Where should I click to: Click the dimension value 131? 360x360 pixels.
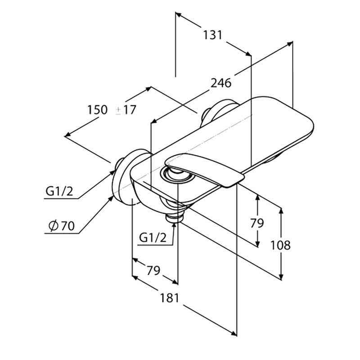click(213, 35)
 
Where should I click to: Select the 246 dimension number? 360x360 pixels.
click(221, 83)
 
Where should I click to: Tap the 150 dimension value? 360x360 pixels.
click(97, 109)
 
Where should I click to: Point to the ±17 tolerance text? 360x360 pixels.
click(126, 110)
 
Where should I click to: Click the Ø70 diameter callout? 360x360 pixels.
click(62, 226)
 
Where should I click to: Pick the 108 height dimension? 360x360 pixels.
click(280, 245)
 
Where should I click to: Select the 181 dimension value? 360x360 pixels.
click(169, 298)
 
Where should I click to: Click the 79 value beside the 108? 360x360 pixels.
click(257, 223)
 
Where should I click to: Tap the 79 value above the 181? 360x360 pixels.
click(153, 270)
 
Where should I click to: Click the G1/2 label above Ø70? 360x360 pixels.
click(59, 191)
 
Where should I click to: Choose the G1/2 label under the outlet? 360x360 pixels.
click(153, 238)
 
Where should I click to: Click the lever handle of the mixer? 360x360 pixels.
click(204, 169)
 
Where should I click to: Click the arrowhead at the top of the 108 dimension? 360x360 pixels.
click(281, 211)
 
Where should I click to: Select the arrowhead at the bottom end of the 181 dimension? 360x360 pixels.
click(234, 333)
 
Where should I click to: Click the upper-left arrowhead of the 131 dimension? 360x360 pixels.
click(179, 15)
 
